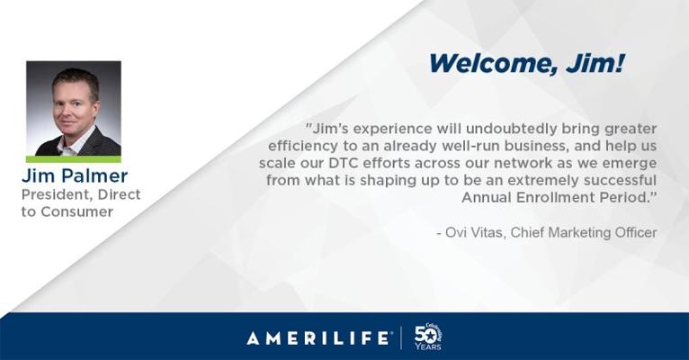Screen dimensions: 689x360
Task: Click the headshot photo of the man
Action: pos(74,109)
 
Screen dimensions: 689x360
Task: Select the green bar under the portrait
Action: pos(74,159)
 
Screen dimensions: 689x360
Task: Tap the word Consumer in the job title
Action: pos(76,211)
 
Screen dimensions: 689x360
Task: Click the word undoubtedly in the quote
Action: pos(512,129)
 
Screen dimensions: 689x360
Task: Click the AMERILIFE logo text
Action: pos(318,338)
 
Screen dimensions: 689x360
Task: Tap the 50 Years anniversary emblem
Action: pos(427,337)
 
